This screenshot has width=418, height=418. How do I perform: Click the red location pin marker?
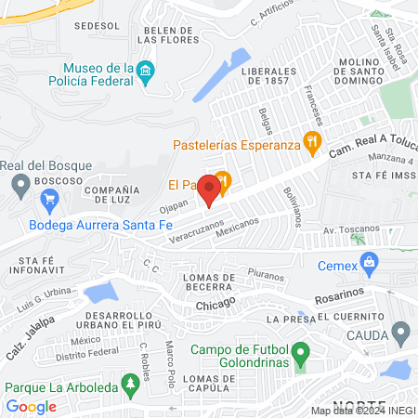pos(210,190)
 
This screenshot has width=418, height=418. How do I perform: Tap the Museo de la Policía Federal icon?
pos(144,71)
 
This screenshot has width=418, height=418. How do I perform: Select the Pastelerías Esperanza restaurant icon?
pos(312,144)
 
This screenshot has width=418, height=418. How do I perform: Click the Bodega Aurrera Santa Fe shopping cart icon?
pos(50,199)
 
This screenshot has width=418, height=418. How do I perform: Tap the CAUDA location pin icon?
pos(401,332)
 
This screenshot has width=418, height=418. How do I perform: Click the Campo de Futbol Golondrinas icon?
pos(300,355)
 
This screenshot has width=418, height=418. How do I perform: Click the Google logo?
pos(31,406)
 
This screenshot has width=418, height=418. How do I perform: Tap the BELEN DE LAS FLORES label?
pos(167,35)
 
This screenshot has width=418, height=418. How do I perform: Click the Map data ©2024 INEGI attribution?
pos(361,410)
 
